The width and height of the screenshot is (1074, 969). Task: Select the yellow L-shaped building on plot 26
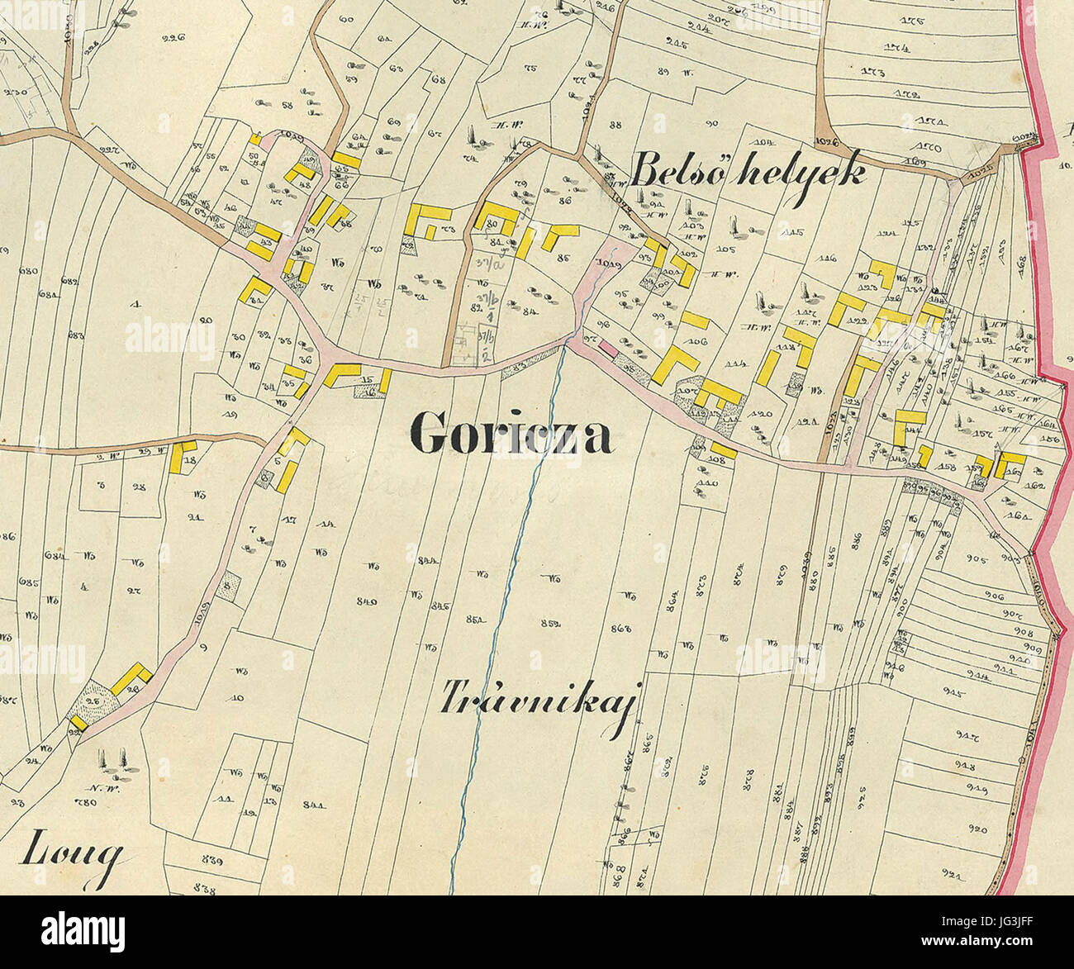click(x=132, y=679)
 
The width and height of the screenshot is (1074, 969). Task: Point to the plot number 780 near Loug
click(x=85, y=802)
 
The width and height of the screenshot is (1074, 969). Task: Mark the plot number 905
click(x=977, y=559)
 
